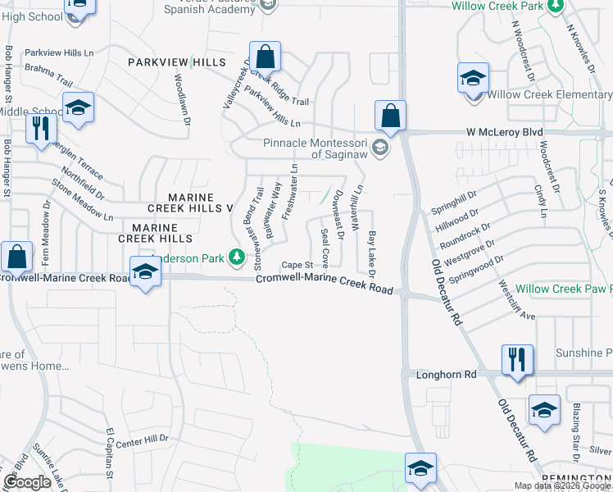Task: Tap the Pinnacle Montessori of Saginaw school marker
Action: point(379,148)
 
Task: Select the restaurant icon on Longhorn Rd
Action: point(517,360)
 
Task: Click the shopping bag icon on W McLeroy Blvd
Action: point(391,116)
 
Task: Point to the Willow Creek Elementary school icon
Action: point(472,80)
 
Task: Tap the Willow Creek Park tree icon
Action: point(556,6)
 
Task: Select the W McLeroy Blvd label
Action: point(505,131)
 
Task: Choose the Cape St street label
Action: point(297,265)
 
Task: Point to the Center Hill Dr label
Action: point(142,440)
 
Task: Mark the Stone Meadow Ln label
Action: point(83,200)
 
